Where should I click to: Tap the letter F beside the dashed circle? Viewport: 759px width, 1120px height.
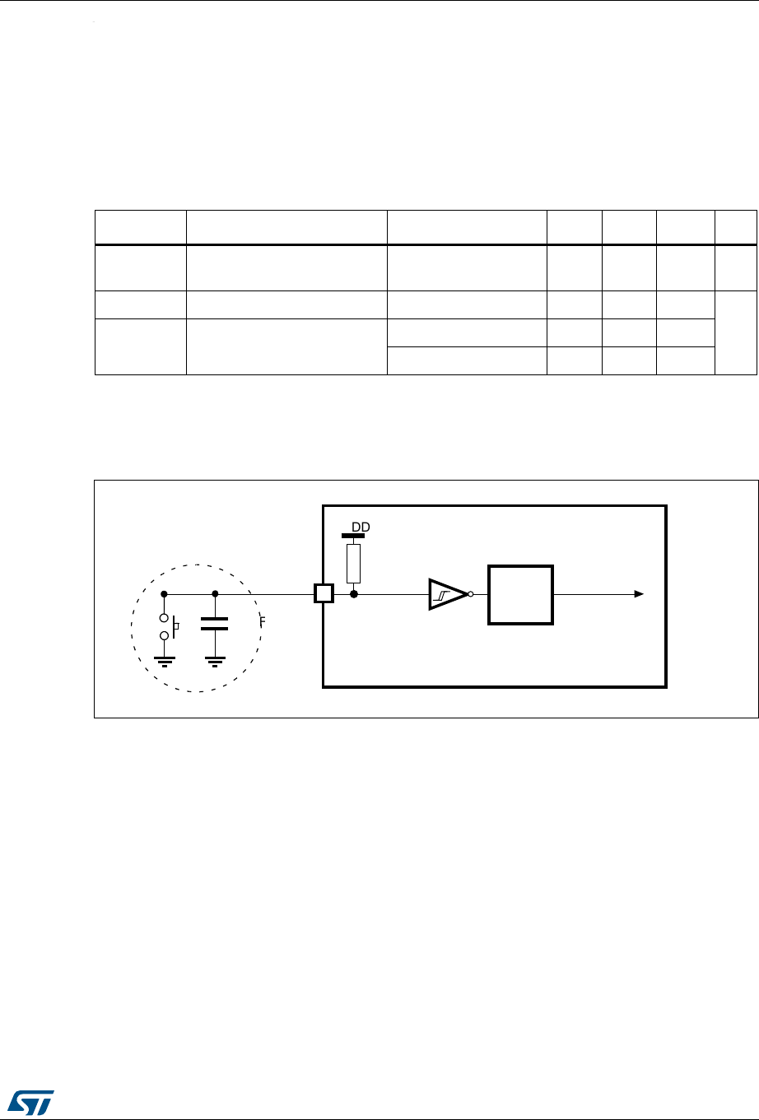click(x=262, y=621)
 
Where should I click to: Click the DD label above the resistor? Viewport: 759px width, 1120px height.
click(x=361, y=527)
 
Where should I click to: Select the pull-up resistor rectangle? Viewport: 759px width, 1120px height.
click(x=353, y=564)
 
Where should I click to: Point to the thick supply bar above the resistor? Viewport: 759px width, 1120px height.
click(x=353, y=536)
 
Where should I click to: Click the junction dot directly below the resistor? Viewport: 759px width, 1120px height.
click(x=354, y=594)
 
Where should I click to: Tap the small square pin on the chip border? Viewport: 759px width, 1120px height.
click(x=324, y=593)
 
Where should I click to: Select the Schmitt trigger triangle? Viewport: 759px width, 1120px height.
click(x=448, y=594)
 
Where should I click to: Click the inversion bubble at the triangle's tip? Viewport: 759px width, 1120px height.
click(x=470, y=594)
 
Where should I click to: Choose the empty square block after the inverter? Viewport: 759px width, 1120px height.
click(x=520, y=595)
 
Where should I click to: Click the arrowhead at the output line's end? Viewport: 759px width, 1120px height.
click(x=639, y=594)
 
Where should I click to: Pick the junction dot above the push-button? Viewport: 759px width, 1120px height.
click(x=164, y=594)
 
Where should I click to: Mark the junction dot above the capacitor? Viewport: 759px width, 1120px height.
click(x=215, y=594)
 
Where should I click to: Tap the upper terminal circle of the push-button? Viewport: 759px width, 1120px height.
click(x=164, y=618)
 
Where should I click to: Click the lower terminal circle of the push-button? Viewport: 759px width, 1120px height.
click(x=164, y=635)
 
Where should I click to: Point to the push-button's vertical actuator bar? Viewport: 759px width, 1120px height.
click(x=174, y=627)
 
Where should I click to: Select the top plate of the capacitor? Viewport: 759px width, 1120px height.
click(x=214, y=619)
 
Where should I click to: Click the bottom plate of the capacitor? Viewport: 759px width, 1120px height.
click(x=214, y=629)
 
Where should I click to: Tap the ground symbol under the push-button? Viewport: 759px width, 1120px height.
click(x=164, y=662)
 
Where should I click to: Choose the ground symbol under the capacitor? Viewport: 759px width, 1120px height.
click(x=215, y=662)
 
